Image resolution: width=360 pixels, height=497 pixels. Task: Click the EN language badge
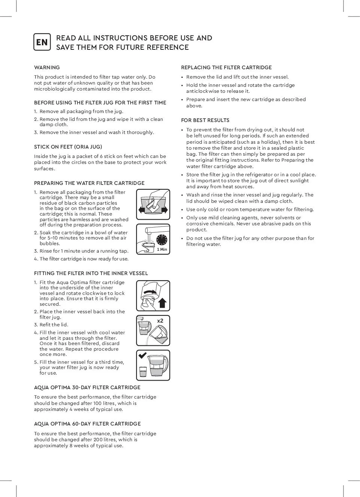(x=42, y=42)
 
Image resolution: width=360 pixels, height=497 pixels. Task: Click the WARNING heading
(x=47, y=68)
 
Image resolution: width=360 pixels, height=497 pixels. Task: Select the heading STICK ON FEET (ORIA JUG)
(x=68, y=147)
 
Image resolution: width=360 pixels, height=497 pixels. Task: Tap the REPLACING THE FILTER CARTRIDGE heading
(x=226, y=68)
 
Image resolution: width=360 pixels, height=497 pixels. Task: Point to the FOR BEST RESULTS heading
(x=205, y=121)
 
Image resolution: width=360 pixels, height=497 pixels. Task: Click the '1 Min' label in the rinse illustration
(x=162, y=249)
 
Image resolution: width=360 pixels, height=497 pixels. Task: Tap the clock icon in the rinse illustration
(x=162, y=240)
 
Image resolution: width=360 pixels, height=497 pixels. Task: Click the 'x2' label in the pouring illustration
(x=160, y=321)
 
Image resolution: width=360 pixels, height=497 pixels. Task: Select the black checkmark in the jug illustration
(x=142, y=356)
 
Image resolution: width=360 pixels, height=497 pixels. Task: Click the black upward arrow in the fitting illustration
(x=162, y=302)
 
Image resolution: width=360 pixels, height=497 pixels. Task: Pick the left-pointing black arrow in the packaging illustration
(x=141, y=210)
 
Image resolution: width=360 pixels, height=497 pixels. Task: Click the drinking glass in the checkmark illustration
(x=143, y=372)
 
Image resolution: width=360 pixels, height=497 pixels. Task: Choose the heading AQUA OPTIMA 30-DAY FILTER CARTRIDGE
(x=87, y=388)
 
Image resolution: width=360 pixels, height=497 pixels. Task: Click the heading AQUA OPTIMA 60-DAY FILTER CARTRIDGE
(x=87, y=424)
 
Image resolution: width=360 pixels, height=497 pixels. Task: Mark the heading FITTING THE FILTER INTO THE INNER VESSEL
(x=91, y=274)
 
